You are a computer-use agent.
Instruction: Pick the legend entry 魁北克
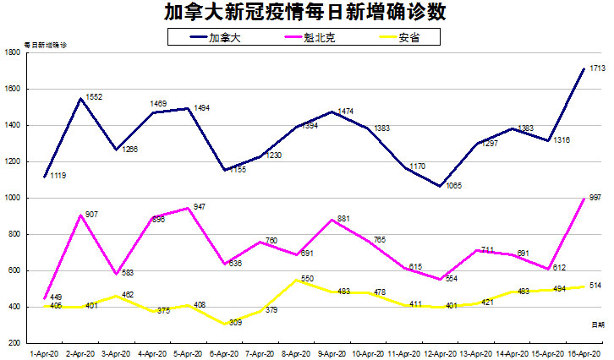[322, 37]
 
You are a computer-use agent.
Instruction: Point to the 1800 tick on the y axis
[14, 52]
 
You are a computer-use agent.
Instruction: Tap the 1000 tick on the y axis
[14, 198]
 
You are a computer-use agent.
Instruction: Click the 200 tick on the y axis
[15, 343]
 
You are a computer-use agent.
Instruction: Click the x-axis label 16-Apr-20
[584, 353]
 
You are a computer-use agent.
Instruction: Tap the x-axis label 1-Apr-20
[43, 353]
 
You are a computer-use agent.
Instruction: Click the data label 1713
[595, 68]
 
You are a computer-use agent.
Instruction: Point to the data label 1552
[94, 97]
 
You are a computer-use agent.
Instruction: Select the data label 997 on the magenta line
[595, 197]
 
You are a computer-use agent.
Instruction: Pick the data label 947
[200, 206]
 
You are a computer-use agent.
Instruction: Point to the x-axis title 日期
[597, 324]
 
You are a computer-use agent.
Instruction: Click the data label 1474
[346, 112]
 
